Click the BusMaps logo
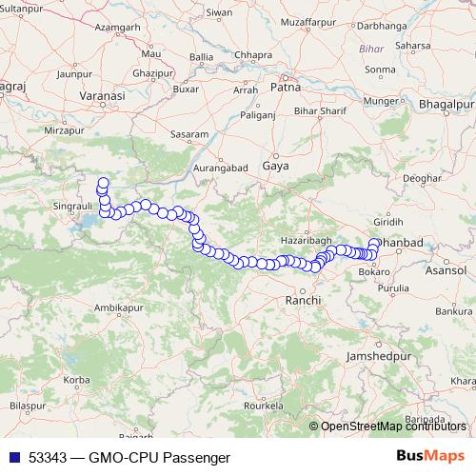click(x=431, y=456)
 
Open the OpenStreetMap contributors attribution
click(x=393, y=426)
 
